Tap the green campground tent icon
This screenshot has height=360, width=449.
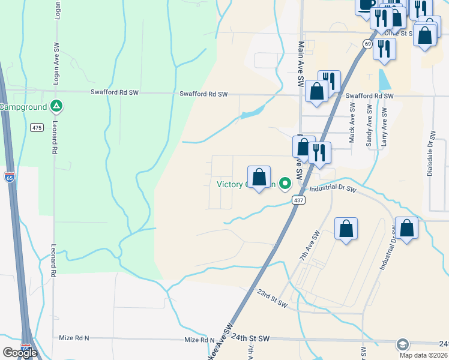pyautogui.click(x=56, y=107)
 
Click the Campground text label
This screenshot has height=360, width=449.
pyautogui.click(x=23, y=107)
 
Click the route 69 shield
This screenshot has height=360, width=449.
pyautogui.click(x=367, y=44)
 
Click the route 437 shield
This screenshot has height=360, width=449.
pyautogui.click(x=298, y=200)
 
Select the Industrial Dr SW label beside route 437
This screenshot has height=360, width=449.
pyautogui.click(x=333, y=190)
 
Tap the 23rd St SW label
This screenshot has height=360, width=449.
pyautogui.click(x=272, y=298)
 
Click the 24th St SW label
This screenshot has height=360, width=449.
pyautogui.click(x=249, y=338)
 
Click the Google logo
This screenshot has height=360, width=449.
pyautogui.click(x=20, y=352)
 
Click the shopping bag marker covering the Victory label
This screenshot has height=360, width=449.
pyautogui.click(x=259, y=178)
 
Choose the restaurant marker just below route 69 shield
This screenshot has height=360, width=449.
pyautogui.click(x=384, y=50)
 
